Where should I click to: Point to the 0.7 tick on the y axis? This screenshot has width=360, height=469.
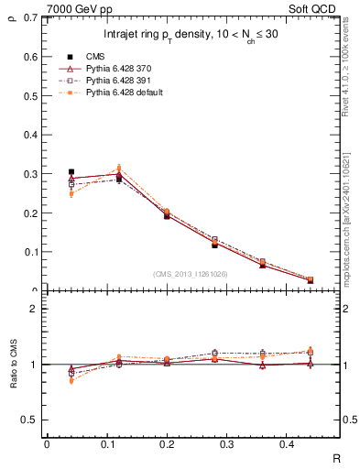[x=30, y=18]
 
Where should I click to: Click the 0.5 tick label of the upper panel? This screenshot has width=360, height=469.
[x=30, y=96]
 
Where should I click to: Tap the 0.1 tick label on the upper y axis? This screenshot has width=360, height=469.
[x=30, y=252]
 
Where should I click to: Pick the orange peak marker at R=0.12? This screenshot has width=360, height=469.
[x=117, y=168]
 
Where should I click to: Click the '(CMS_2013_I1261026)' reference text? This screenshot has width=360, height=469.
[x=191, y=274]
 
